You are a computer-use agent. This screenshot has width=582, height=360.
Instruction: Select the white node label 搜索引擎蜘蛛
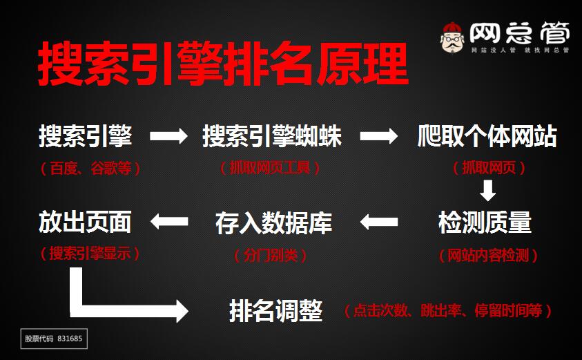(x=272, y=136)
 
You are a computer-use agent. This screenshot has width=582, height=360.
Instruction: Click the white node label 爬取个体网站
(x=487, y=136)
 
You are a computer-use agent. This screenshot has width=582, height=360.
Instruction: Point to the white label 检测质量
(x=485, y=222)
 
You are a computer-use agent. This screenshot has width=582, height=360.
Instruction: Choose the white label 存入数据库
(x=273, y=222)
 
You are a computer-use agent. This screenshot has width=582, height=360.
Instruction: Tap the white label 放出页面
(x=85, y=222)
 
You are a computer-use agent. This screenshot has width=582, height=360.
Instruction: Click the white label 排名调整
(x=275, y=311)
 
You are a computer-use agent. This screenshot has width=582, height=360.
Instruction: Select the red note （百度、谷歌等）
(x=90, y=168)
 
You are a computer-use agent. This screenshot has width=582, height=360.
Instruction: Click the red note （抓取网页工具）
(x=270, y=168)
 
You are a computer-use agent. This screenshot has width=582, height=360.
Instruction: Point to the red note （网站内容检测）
(x=488, y=256)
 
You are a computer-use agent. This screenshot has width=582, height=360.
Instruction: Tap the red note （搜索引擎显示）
(x=90, y=254)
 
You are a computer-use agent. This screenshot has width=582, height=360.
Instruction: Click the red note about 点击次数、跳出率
(x=448, y=311)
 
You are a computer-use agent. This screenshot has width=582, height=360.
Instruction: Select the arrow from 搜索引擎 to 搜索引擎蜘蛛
(x=168, y=136)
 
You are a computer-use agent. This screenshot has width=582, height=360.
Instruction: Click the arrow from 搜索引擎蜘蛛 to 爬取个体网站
(x=379, y=136)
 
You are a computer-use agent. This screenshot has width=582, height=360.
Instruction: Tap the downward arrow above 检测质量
(x=488, y=190)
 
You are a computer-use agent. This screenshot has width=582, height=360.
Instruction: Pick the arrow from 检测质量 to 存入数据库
(x=379, y=222)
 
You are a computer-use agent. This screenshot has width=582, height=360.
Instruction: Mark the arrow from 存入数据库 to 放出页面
(x=169, y=222)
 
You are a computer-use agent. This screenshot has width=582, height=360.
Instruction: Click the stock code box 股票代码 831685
(x=54, y=339)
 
